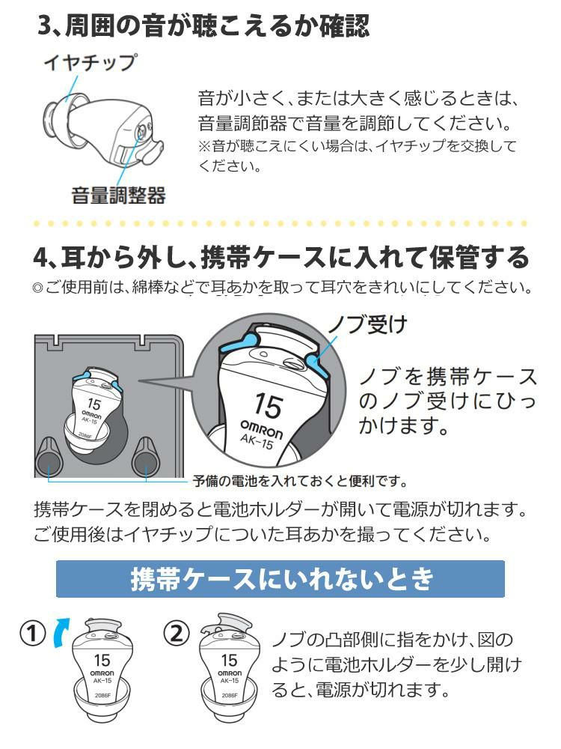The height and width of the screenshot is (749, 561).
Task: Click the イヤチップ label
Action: click(89, 62)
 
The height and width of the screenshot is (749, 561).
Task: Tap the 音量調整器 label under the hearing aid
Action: click(118, 195)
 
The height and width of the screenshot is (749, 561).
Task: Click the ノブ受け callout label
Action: click(367, 324)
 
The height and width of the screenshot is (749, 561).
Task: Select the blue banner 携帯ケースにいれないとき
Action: click(280, 579)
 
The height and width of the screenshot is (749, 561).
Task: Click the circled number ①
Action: click(32, 634)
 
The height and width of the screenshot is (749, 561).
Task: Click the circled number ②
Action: click(177, 634)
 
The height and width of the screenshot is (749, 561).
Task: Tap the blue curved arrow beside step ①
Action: click(61, 631)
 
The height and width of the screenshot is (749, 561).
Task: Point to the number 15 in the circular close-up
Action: click(268, 405)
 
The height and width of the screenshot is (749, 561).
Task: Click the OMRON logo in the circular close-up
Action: click(261, 428)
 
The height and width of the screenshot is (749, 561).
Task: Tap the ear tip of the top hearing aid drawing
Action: click(55, 117)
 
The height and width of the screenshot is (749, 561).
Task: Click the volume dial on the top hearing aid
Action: click(141, 130)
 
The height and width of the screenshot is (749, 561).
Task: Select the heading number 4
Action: click(41, 258)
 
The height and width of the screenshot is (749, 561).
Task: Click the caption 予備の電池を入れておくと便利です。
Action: click(300, 481)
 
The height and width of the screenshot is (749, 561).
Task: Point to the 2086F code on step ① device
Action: click(102, 696)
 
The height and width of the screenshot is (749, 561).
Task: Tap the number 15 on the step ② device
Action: click(229, 660)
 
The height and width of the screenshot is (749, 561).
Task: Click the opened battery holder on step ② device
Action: click(225, 624)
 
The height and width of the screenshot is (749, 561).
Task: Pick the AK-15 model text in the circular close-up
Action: click(257, 441)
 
